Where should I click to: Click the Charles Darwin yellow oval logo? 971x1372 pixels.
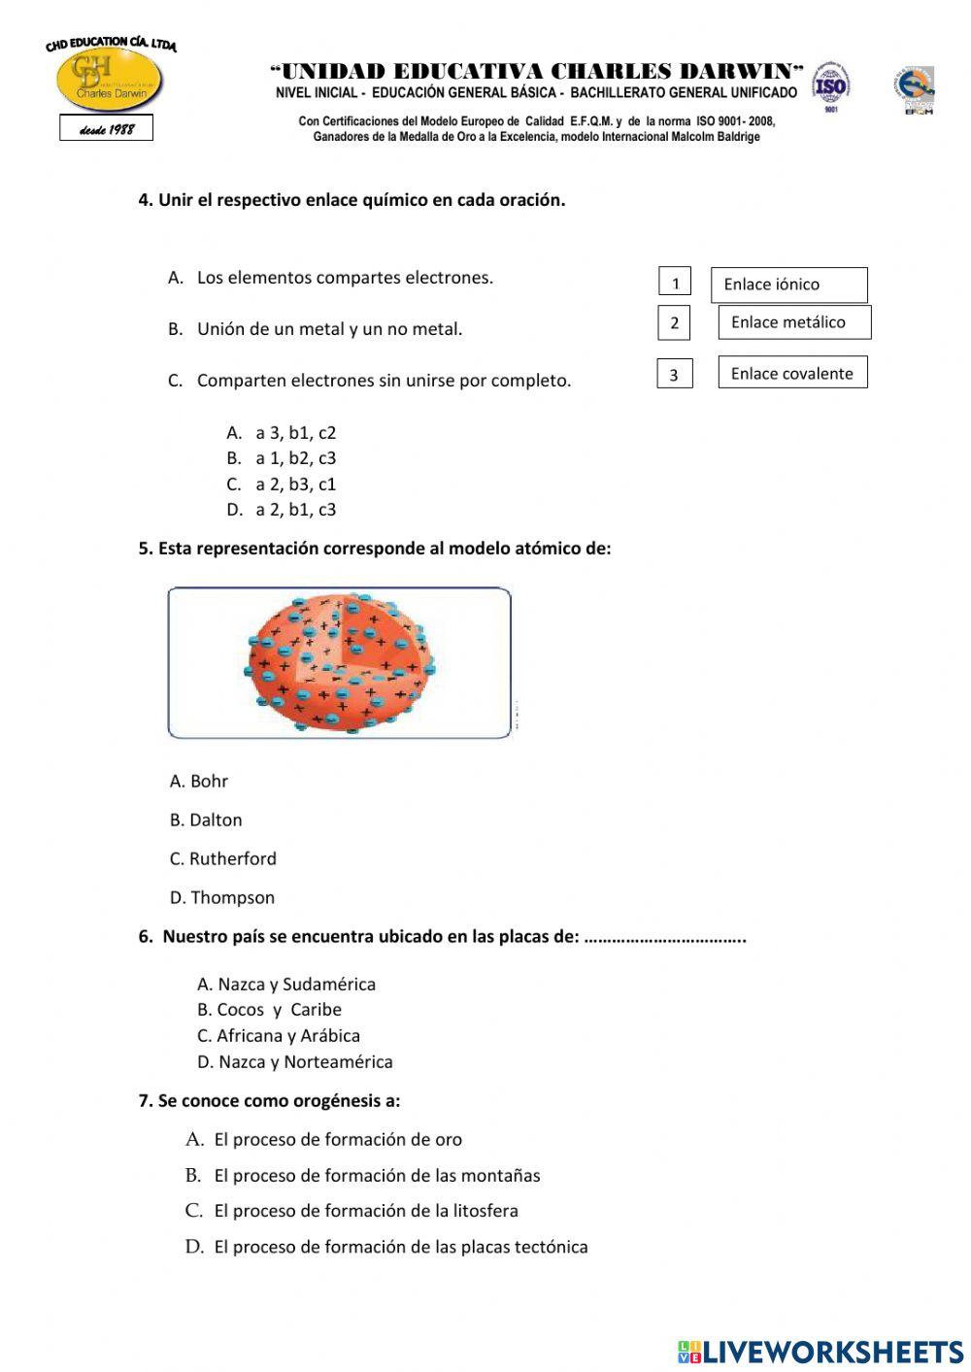109,81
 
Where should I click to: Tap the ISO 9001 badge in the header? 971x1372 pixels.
830,85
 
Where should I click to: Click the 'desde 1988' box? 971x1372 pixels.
106,128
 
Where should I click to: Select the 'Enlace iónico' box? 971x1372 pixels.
788,284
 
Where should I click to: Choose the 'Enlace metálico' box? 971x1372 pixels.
793,322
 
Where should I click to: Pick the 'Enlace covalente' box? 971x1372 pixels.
792,373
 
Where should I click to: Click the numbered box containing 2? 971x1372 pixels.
674,322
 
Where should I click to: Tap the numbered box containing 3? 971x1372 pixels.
674,374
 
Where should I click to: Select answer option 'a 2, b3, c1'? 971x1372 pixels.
294,484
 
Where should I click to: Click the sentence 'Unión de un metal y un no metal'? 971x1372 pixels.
329,329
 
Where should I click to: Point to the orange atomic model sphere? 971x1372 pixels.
339,663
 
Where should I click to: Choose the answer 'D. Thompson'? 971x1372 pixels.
222,897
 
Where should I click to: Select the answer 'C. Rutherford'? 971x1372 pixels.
223,858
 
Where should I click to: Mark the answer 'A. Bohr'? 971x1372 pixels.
199,781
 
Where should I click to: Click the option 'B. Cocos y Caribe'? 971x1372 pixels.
269,1010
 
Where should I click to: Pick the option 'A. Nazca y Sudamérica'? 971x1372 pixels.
286,984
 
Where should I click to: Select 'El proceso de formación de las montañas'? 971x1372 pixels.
377,1175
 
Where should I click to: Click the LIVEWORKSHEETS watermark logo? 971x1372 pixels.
820,1351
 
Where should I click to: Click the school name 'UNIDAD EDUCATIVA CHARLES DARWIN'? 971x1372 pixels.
537,71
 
